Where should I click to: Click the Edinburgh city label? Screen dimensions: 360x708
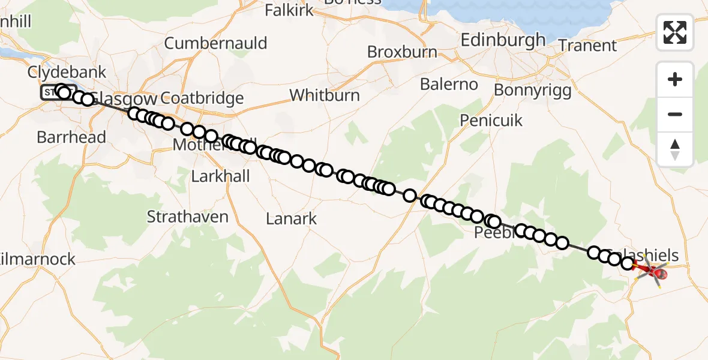point(503,40)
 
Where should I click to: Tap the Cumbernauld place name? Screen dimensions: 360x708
point(215,43)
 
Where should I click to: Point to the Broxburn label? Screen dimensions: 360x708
point(402,52)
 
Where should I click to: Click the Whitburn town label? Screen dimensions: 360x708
point(325,95)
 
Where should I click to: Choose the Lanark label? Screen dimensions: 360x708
point(291,219)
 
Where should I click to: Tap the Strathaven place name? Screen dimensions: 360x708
point(188,217)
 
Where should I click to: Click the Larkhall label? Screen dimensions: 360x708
point(220,176)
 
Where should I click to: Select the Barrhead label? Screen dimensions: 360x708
point(71,137)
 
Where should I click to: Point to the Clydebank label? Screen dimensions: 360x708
point(67,73)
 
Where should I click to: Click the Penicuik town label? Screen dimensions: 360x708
point(491,121)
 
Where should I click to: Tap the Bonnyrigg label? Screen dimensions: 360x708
point(533,90)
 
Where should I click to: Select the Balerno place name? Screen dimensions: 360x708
point(449,84)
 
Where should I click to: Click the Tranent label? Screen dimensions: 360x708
point(587,46)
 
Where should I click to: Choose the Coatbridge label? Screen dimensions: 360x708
point(202,98)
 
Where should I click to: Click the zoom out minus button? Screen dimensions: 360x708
point(675,114)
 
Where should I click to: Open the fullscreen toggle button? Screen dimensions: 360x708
point(675,32)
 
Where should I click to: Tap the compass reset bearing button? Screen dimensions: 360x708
point(675,149)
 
